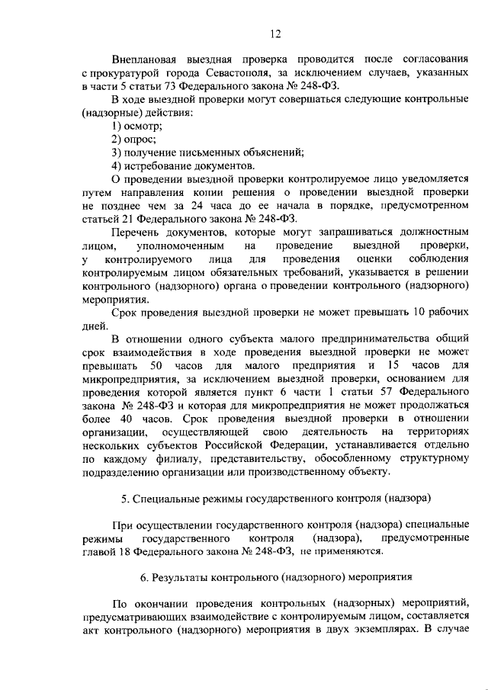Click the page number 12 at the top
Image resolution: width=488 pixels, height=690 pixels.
(274, 33)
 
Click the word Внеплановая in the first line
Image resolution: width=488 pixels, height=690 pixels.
(142, 59)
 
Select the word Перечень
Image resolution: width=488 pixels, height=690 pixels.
(136, 231)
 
